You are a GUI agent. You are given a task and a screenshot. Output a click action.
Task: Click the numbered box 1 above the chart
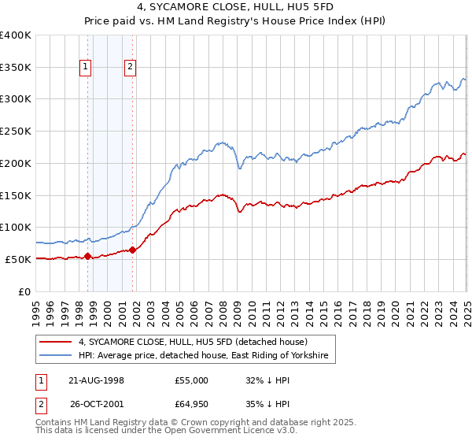[x=85, y=68]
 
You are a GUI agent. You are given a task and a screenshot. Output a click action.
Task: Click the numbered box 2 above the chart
[x=130, y=68]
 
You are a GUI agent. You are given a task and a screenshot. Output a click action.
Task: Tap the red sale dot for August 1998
[x=87, y=256]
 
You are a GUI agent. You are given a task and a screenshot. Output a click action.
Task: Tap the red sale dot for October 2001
[x=132, y=250]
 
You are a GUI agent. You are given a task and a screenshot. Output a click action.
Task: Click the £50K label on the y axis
[x=19, y=259]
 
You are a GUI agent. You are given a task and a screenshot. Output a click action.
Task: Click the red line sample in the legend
[x=54, y=342]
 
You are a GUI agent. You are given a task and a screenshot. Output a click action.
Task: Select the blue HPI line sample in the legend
[x=54, y=356]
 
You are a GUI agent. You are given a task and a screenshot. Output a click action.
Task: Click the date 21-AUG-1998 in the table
[x=96, y=380]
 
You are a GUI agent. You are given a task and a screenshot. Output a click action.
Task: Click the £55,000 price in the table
[x=192, y=380]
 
